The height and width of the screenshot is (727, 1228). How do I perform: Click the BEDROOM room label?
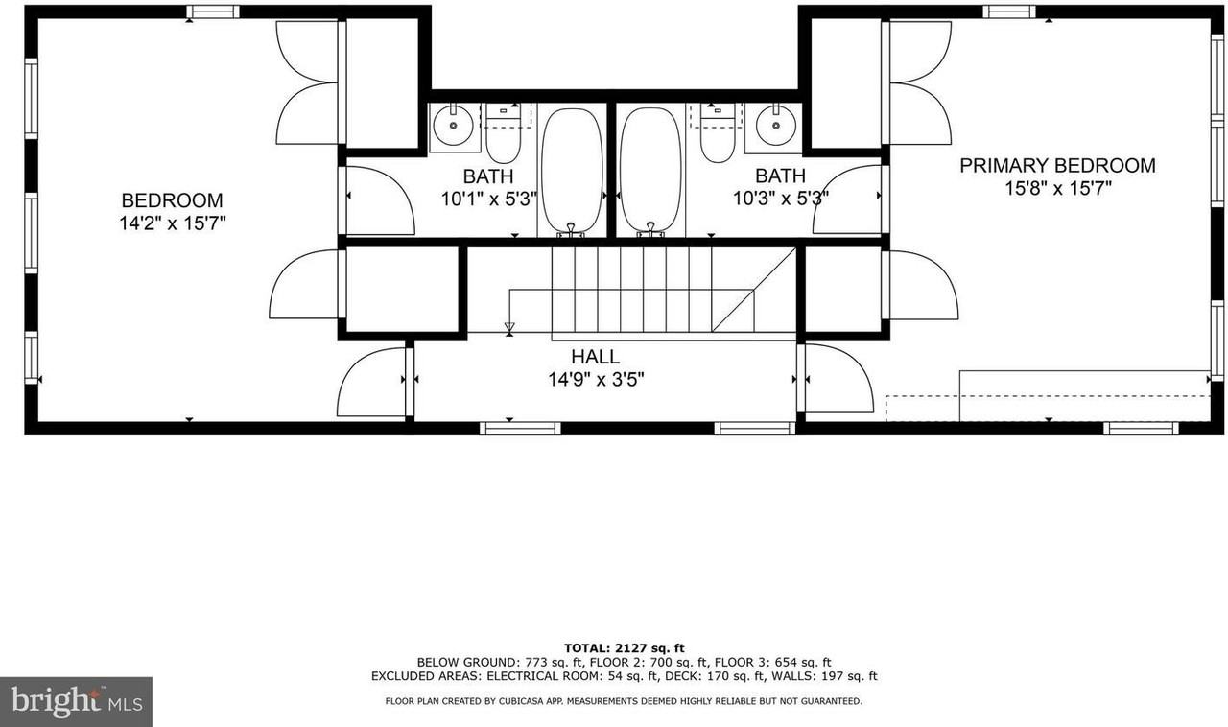point(172,200)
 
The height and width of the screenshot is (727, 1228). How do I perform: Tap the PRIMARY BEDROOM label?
point(1057,165)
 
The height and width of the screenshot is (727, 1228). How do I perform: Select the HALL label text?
point(595,357)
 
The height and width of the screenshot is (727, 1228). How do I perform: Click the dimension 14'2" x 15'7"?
point(172,224)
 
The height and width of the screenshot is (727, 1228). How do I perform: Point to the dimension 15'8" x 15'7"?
point(1057,189)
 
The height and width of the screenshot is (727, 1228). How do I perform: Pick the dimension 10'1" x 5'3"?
point(488,199)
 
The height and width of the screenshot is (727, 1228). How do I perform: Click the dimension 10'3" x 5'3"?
point(780,199)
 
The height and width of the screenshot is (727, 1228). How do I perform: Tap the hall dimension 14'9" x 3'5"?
point(595,380)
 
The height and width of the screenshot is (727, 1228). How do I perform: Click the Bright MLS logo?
point(76,702)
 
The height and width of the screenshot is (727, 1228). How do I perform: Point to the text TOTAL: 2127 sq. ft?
point(624,648)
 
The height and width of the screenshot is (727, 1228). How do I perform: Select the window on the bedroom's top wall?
point(212,12)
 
